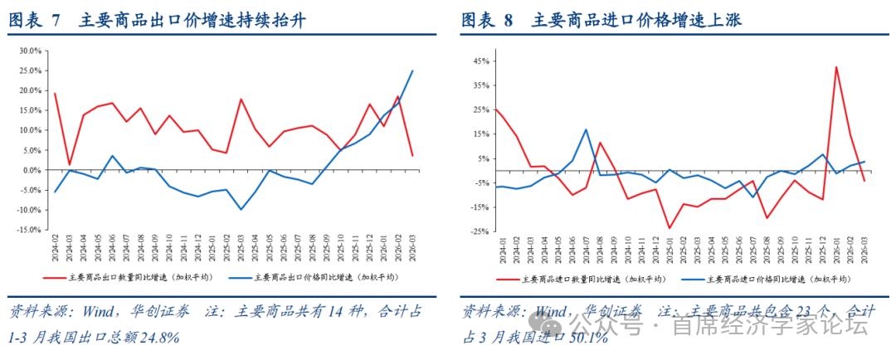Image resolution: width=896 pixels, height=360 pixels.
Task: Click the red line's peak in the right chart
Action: click(836, 67)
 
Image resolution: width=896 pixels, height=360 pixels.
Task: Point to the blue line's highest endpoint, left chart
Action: click(412, 71)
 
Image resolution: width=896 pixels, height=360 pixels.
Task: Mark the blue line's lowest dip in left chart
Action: click(241, 209)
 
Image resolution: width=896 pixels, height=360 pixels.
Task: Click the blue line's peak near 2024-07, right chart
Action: click(586, 129)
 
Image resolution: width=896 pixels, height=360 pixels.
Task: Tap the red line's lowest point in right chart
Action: click(669, 228)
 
